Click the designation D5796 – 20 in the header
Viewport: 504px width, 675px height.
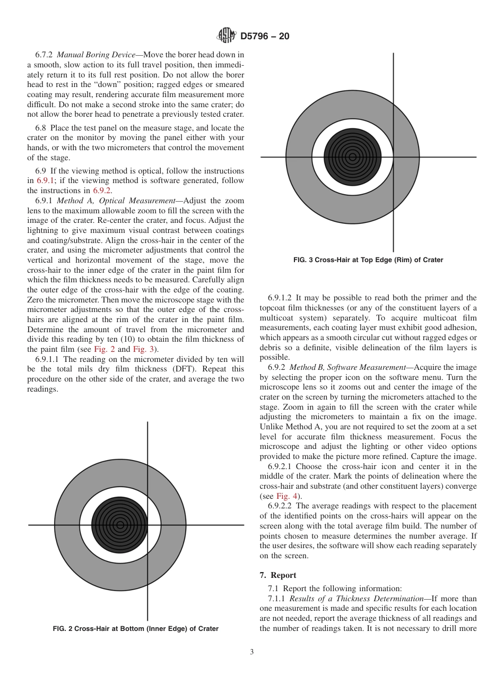[265, 37]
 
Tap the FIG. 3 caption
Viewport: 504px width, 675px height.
[368, 260]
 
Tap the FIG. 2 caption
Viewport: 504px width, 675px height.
[136, 629]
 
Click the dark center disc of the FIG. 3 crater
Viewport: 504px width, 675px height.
[352, 157]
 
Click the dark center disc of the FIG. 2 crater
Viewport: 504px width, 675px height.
[120, 525]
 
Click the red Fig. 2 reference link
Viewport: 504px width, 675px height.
[104, 349]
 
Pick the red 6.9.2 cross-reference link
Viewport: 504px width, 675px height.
[102, 191]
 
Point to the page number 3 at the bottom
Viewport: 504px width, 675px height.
[251, 652]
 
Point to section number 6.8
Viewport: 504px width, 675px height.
[41, 128]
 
